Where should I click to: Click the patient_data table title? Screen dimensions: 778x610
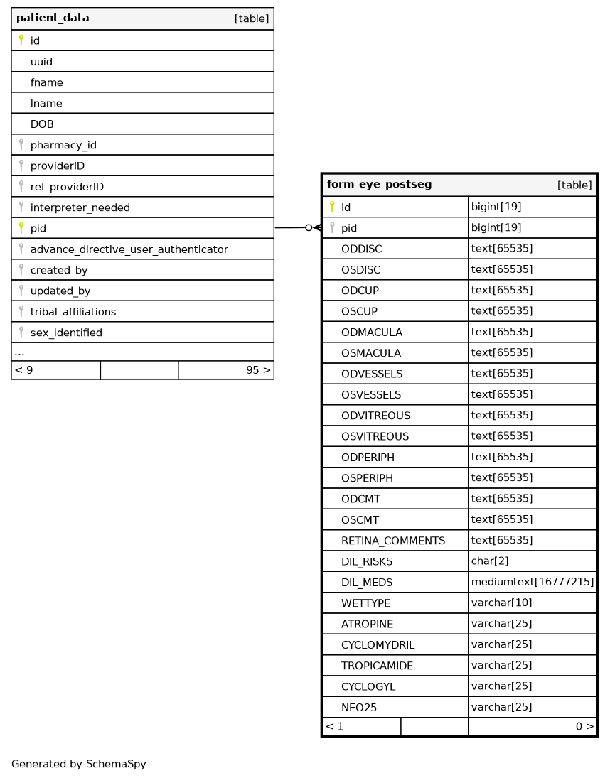coord(53,18)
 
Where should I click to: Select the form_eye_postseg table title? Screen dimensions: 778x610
coord(379,185)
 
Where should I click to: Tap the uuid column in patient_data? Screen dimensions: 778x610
coord(41,62)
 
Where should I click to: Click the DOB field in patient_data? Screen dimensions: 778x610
coord(42,124)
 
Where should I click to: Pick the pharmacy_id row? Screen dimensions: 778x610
coord(63,145)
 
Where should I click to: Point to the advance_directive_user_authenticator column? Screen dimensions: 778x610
coord(129,249)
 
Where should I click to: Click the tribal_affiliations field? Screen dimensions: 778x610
coord(73,312)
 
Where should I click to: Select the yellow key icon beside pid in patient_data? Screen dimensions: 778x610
coord(21,228)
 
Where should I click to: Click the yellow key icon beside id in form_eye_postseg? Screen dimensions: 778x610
coord(332,207)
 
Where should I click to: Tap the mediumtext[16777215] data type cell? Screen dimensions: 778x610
coord(532,582)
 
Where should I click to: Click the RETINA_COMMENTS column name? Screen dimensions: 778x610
coord(392,541)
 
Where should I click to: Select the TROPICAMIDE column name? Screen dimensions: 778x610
coord(377,666)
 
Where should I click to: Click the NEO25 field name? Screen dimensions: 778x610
coord(359,708)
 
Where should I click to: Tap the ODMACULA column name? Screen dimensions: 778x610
coord(372,333)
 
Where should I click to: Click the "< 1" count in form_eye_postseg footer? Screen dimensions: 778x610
coord(334,727)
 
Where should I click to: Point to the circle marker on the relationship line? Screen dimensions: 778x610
coord(309,228)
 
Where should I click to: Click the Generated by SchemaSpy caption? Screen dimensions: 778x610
coord(78,765)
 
